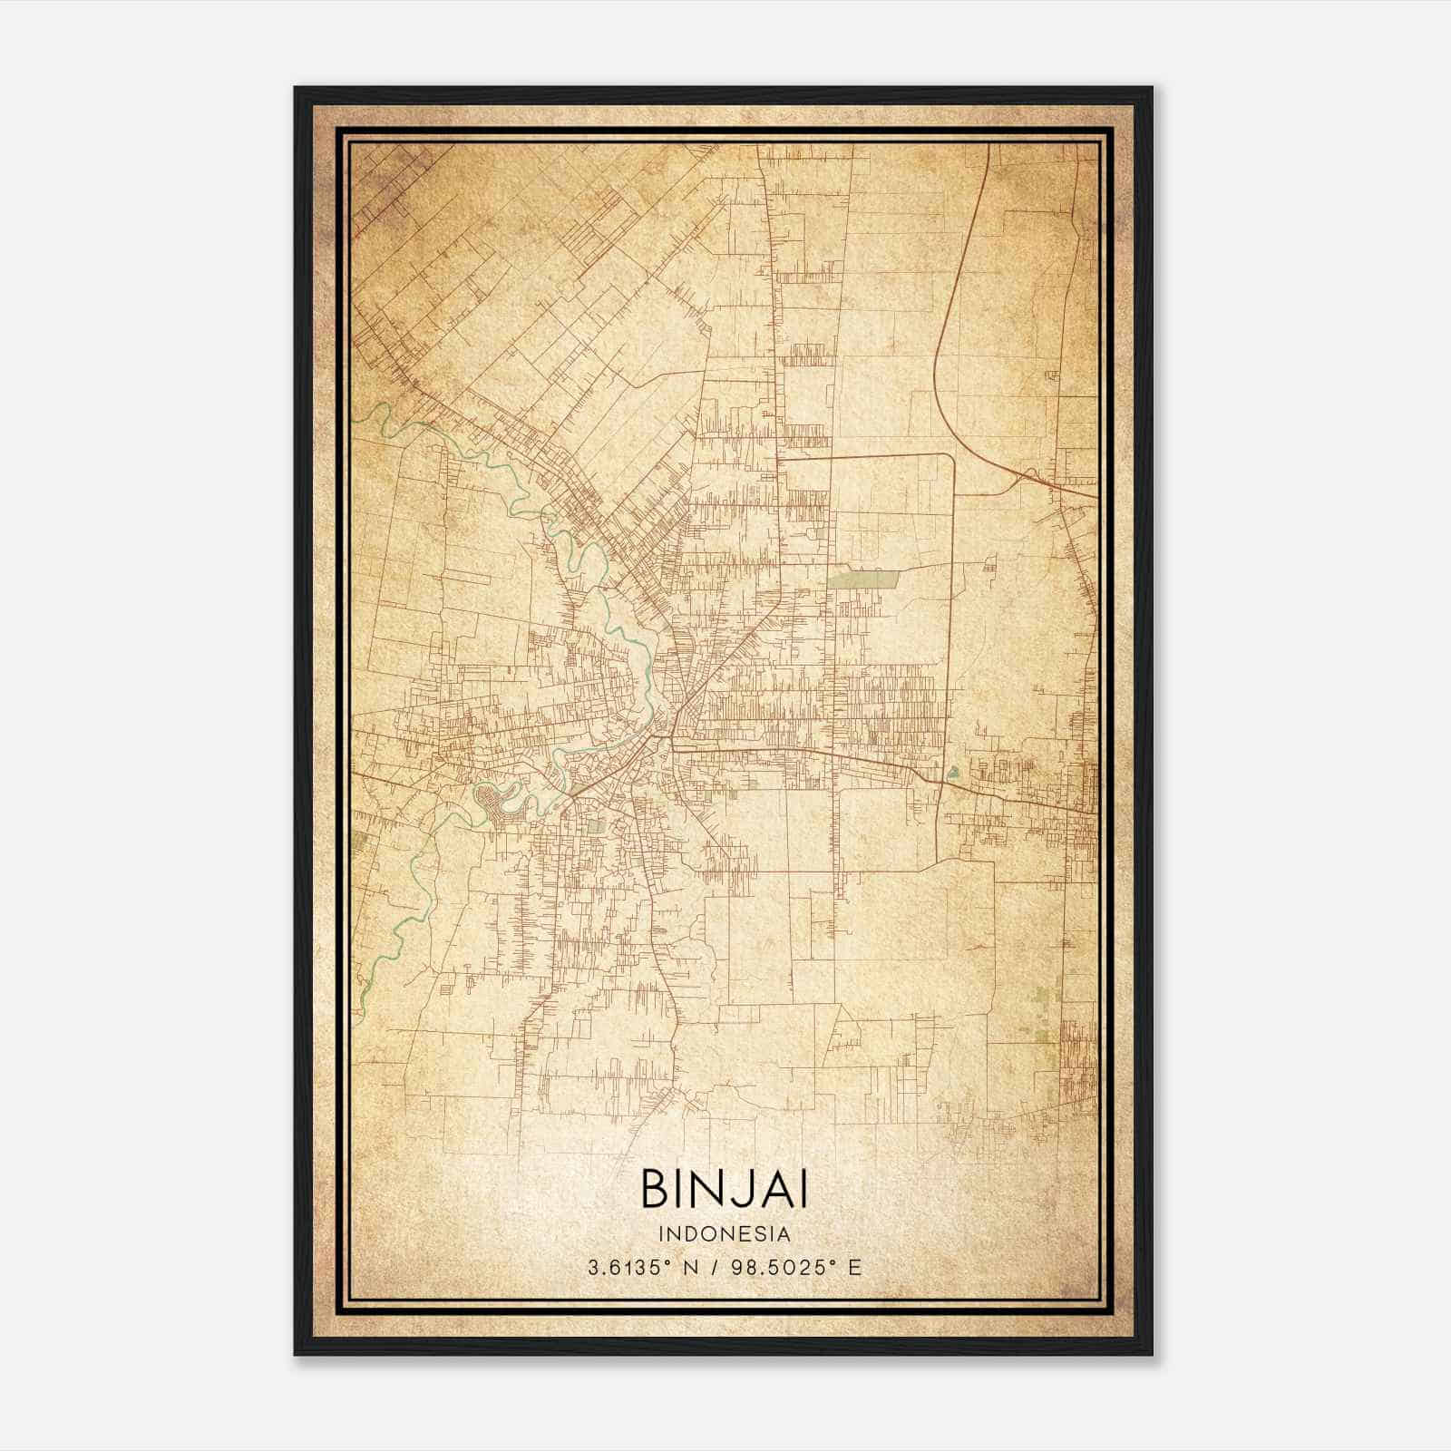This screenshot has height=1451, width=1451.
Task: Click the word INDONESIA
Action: (x=725, y=1234)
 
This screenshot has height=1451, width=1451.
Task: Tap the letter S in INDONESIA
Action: (x=757, y=1234)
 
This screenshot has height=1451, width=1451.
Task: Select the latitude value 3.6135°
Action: (x=631, y=1268)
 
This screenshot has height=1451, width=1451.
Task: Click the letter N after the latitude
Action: (x=690, y=1268)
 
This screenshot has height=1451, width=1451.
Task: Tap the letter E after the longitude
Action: (x=854, y=1268)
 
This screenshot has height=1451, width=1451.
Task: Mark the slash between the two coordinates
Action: (x=716, y=1268)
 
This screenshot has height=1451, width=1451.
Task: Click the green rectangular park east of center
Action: (x=862, y=578)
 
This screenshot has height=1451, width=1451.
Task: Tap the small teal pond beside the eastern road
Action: (x=952, y=774)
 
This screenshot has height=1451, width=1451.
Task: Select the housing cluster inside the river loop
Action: (x=497, y=799)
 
